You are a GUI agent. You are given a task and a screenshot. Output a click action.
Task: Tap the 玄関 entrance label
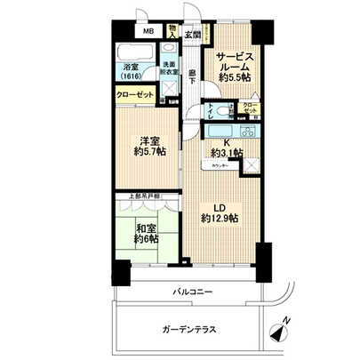coord(192,35)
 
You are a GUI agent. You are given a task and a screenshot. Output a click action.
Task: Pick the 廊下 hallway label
coord(192,78)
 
